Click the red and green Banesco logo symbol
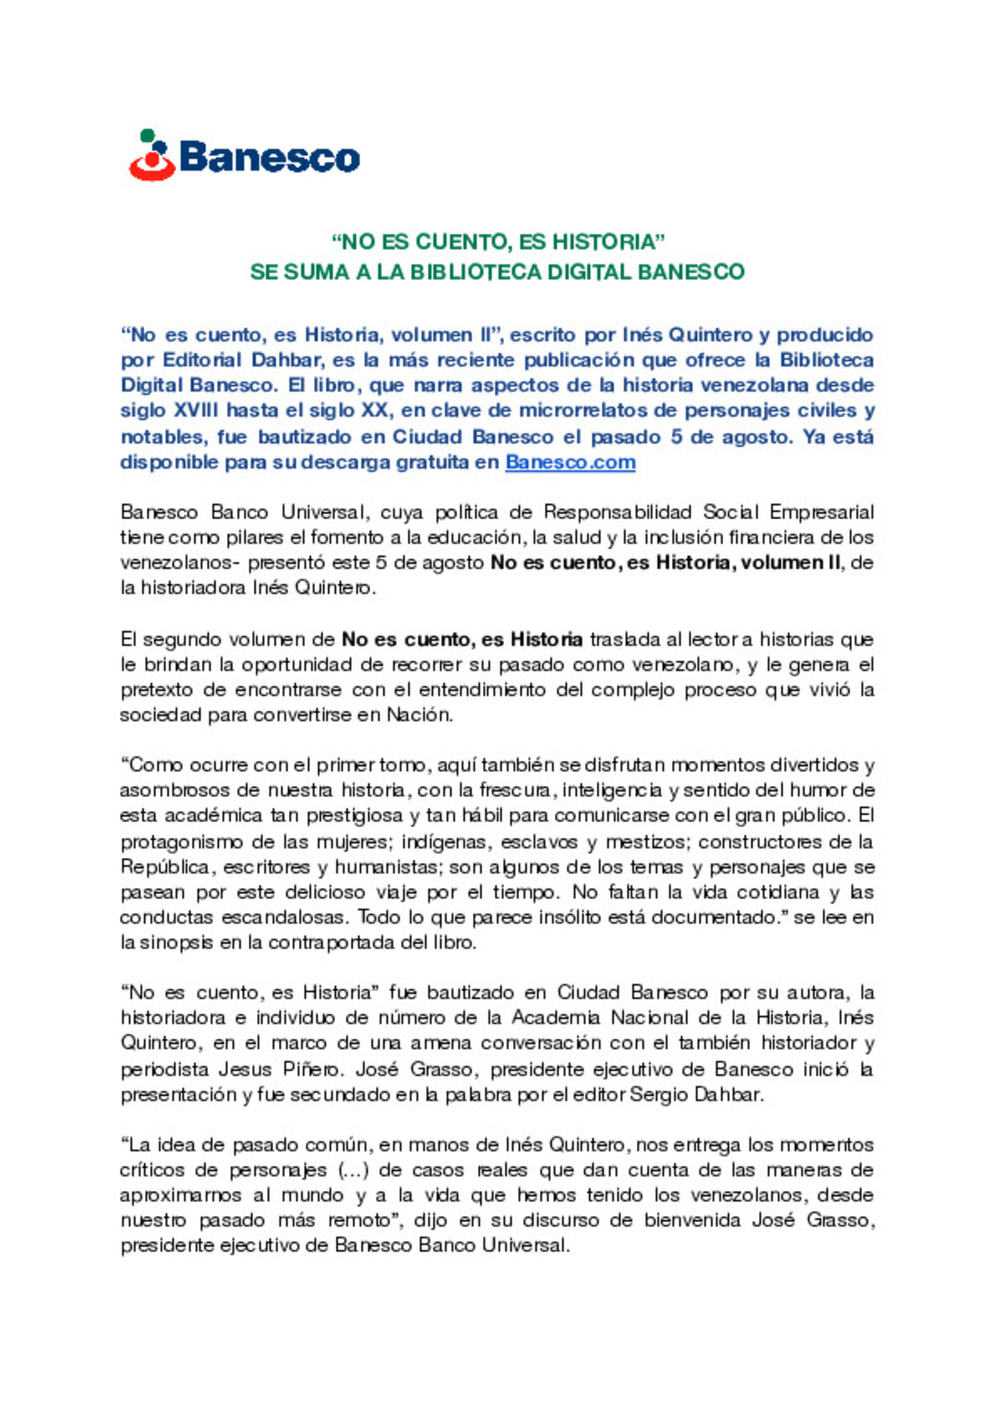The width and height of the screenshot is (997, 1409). click(x=152, y=155)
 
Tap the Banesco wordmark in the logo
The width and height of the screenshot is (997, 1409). click(x=270, y=157)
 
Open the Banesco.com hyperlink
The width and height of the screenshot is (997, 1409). click(x=571, y=462)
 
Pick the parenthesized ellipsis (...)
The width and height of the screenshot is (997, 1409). click(x=352, y=1170)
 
